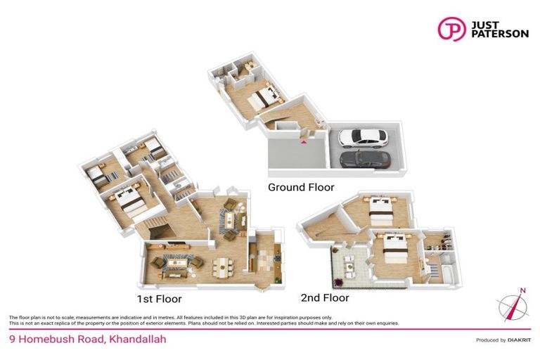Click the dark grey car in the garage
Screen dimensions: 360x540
365,160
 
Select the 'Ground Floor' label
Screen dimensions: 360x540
301,188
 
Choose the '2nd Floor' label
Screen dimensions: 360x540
324,297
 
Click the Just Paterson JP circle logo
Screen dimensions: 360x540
451,29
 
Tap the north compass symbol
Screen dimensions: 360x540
513,305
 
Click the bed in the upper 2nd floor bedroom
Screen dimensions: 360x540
380,207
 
